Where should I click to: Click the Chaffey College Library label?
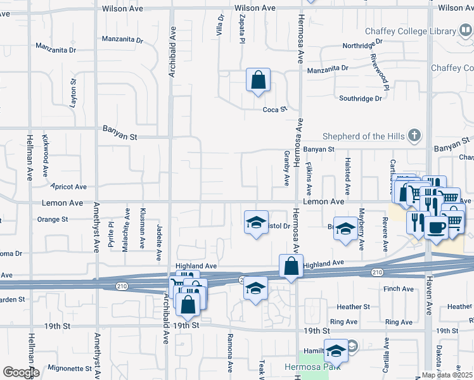tap(410, 31)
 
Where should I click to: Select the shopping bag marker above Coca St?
tap(258, 80)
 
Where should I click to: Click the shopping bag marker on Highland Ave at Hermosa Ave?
tap(290, 266)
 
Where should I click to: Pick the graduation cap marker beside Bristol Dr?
tap(255, 222)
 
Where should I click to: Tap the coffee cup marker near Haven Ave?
tap(435, 226)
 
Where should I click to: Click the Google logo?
tap(20, 372)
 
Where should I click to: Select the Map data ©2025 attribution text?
tap(447, 375)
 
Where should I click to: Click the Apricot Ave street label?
tap(69, 187)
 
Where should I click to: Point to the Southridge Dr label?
tap(361, 98)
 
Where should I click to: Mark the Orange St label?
tap(53, 220)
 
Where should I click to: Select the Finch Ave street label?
tap(399, 289)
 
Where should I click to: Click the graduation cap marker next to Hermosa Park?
tap(336, 350)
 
